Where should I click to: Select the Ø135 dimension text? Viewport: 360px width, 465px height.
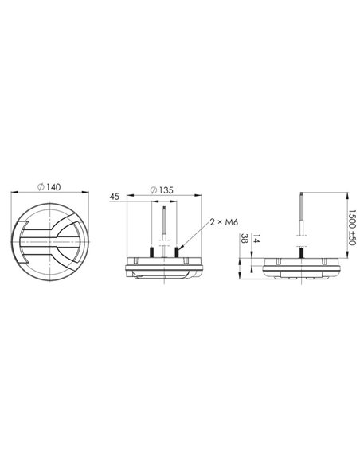pyautogui.click(x=163, y=191)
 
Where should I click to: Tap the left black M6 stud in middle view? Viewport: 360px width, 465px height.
pyautogui.click(x=151, y=251)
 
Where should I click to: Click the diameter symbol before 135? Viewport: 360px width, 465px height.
pyautogui.click(x=153, y=191)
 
